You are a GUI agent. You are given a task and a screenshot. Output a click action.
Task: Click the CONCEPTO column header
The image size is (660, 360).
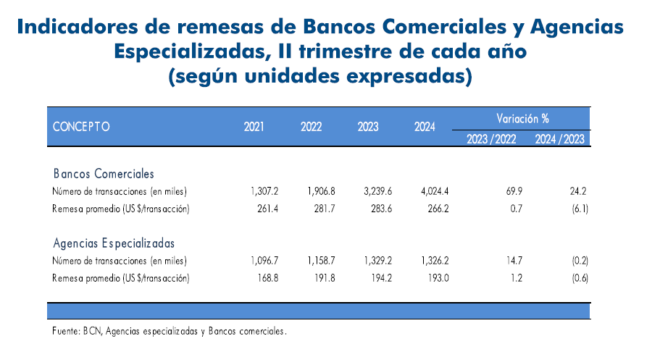coord(81,126)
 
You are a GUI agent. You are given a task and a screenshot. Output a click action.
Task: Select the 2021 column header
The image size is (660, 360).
coord(254,126)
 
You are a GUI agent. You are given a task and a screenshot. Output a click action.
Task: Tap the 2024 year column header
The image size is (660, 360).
coord(425,126)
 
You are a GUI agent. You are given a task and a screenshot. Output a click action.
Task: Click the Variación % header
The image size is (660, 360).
coord(522,118)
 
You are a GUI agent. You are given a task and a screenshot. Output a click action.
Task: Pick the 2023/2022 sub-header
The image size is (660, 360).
coord(491,139)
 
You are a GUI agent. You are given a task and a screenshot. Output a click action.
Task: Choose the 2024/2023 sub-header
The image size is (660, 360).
coord(560,139)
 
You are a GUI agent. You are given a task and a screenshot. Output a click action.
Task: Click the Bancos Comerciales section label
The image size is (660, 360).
coord(104,173)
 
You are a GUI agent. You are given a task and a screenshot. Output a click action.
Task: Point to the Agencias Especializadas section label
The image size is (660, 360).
coord(114,243)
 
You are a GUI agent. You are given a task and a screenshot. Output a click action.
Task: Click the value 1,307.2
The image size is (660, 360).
coord(264,191)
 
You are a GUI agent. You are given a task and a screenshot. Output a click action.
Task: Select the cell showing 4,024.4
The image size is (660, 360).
coord(435,191)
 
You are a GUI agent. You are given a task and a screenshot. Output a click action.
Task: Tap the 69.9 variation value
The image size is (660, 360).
coord(514,191)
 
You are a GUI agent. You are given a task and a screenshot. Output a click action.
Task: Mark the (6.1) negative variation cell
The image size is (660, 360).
coord(580,209)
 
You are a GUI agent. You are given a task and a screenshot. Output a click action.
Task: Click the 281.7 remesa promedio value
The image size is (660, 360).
coord(325,209)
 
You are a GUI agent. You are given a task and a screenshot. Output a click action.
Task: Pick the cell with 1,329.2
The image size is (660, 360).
coord(378,261)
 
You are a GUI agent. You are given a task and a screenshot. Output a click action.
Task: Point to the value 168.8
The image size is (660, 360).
coord(268,278)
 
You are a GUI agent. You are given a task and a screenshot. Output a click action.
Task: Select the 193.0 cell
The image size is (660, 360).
coord(438,278)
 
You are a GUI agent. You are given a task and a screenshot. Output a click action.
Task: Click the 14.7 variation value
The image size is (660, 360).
coord(514,261)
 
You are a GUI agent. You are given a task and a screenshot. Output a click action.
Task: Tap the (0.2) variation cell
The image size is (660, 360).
coord(580,261)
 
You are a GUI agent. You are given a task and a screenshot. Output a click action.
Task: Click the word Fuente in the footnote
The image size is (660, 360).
coord(66,331)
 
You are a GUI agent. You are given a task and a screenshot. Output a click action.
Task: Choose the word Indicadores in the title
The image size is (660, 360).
coord(78,27)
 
